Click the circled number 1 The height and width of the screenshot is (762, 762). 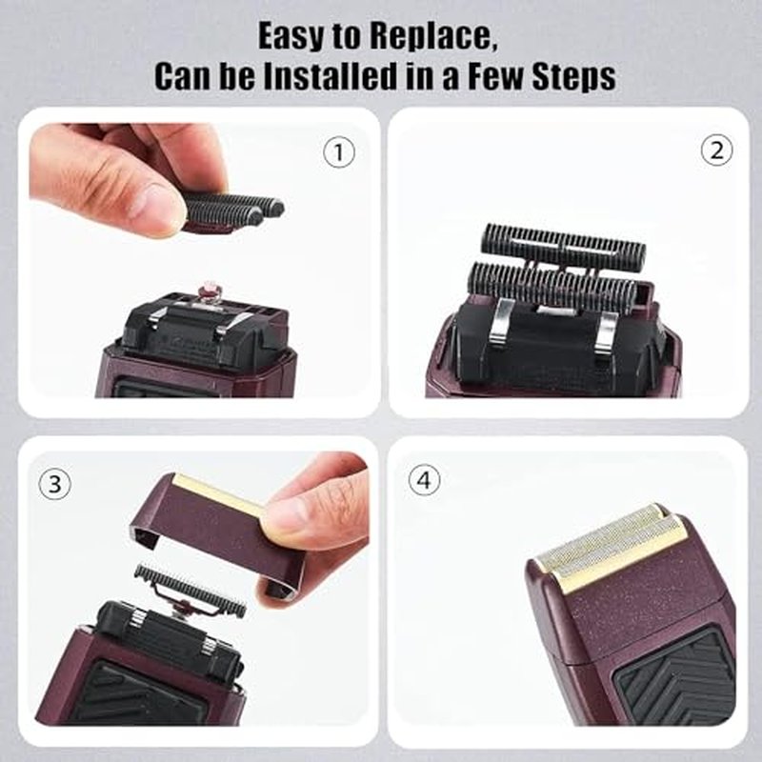point(339,152)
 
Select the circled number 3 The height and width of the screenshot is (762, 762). point(55,485)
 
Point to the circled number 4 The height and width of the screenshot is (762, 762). point(424,480)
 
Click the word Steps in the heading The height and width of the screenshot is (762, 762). point(574,77)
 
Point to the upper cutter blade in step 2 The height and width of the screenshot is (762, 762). point(563,242)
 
